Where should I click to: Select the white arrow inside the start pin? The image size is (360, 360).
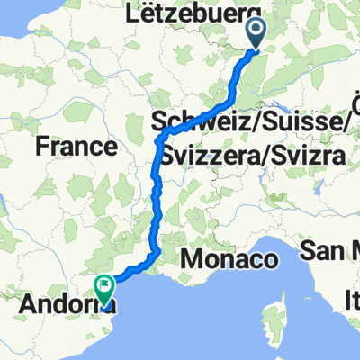tap(256, 32)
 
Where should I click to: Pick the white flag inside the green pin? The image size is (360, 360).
tap(106, 288)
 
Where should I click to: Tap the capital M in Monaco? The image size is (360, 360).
tap(192, 261)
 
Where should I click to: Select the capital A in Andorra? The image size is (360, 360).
tap(24, 304)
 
